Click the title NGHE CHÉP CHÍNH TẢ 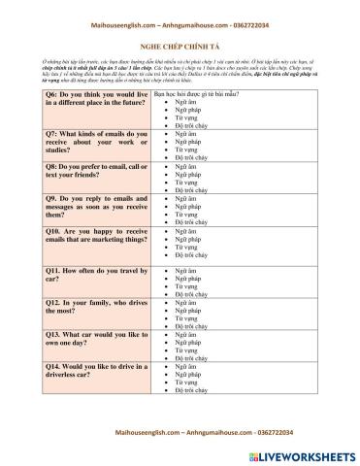pos(180,46)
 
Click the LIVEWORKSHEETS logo pos(308,452)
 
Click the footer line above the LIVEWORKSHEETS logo pos(180,429)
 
